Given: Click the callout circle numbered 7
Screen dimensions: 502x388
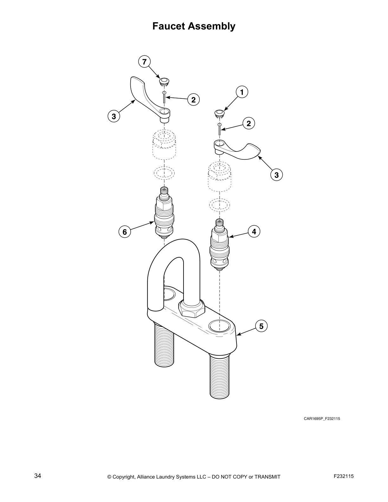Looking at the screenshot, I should point(145,61).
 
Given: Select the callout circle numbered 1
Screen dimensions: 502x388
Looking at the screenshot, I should point(242,92).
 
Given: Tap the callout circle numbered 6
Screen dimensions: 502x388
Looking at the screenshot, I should point(125,232).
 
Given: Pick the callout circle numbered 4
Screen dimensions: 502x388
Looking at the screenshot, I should point(254,231).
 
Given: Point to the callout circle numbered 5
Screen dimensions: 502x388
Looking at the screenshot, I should point(261,326).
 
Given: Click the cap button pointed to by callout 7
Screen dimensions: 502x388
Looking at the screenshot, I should point(164,81).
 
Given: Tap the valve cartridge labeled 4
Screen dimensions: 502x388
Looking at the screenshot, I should point(219,244).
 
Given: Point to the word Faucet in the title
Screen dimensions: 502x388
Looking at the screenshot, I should point(169,26).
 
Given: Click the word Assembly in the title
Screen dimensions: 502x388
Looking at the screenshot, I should point(212,26).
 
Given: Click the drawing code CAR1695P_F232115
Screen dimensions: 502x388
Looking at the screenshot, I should point(322,419).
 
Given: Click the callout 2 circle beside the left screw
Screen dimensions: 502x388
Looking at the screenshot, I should point(193,100).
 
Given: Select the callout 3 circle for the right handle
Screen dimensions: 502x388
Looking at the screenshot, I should point(276,175).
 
